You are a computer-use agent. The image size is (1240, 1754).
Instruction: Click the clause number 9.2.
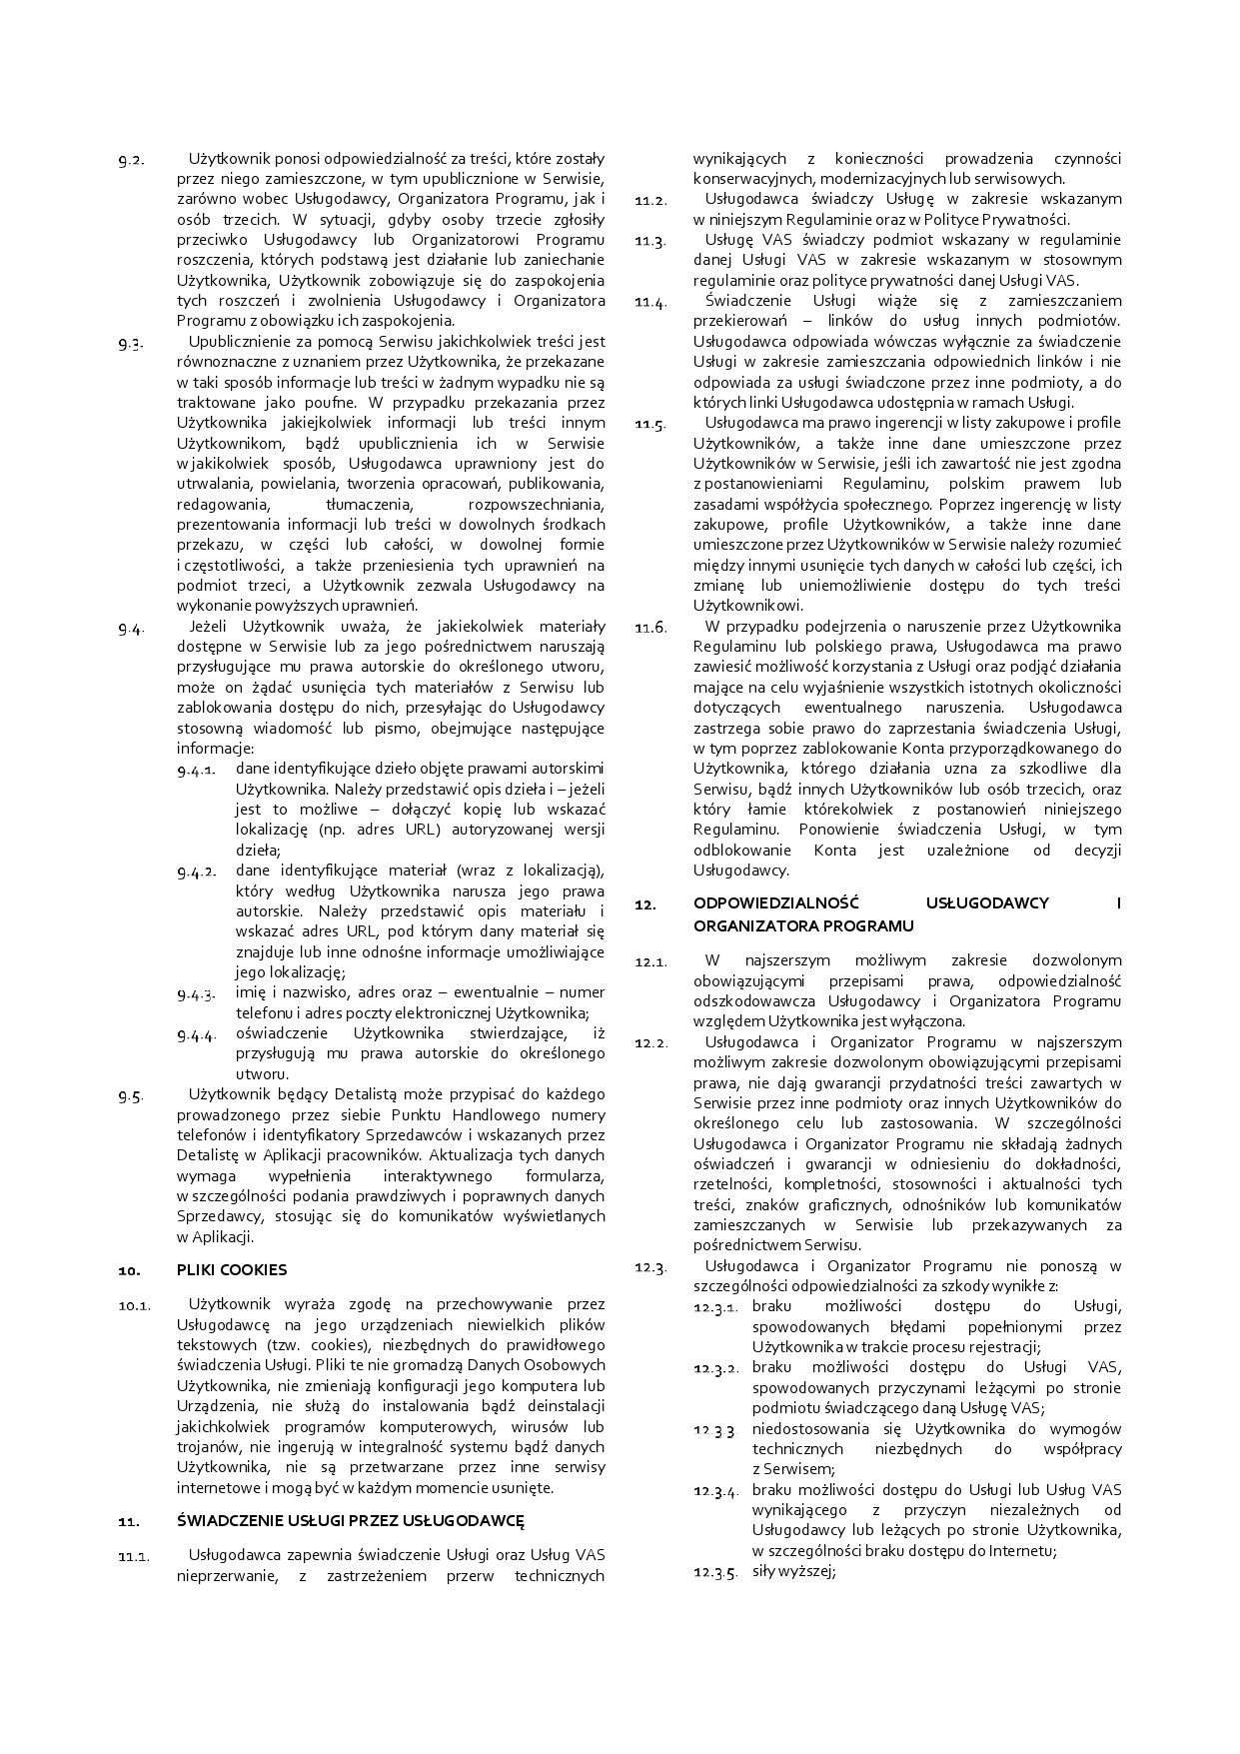pyautogui.click(x=132, y=160)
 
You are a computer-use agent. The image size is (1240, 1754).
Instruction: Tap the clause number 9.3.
pyautogui.click(x=132, y=343)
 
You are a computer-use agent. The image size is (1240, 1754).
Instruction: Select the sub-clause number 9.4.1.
pyautogui.click(x=197, y=770)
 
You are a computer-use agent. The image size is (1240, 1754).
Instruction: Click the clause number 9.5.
pyautogui.click(x=132, y=1095)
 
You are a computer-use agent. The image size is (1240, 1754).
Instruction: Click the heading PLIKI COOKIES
pyautogui.click(x=232, y=1270)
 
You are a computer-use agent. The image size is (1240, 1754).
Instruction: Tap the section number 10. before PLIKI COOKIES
pyautogui.click(x=128, y=1271)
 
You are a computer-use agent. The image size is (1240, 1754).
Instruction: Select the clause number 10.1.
pyautogui.click(x=135, y=1305)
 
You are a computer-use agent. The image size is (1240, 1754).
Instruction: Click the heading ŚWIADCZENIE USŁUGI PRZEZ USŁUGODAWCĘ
pyautogui.click(x=351, y=1521)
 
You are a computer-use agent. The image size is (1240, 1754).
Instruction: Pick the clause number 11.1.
pyautogui.click(x=135, y=1556)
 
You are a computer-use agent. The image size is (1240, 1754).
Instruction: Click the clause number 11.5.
pyautogui.click(x=650, y=424)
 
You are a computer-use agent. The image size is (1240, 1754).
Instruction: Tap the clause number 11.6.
pyautogui.click(x=650, y=628)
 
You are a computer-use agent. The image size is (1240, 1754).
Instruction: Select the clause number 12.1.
pyautogui.click(x=650, y=962)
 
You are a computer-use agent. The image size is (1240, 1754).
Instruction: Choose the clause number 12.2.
pyautogui.click(x=650, y=1043)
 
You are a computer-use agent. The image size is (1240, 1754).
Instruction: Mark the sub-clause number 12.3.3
pyautogui.click(x=714, y=1430)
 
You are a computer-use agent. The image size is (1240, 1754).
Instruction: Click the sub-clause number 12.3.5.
pyautogui.click(x=715, y=1572)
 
